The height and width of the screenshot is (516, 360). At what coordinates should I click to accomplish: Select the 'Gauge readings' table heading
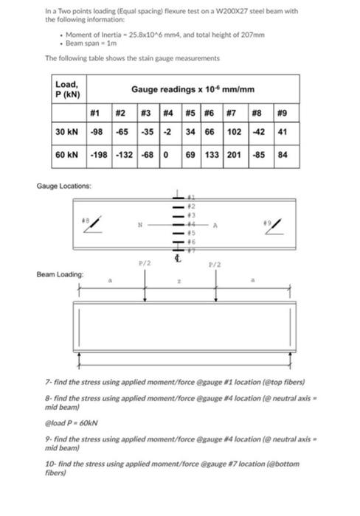tap(193, 89)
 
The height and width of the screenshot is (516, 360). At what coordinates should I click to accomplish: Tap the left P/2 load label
tap(145, 264)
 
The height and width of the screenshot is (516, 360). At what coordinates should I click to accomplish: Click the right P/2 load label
tap(215, 264)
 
